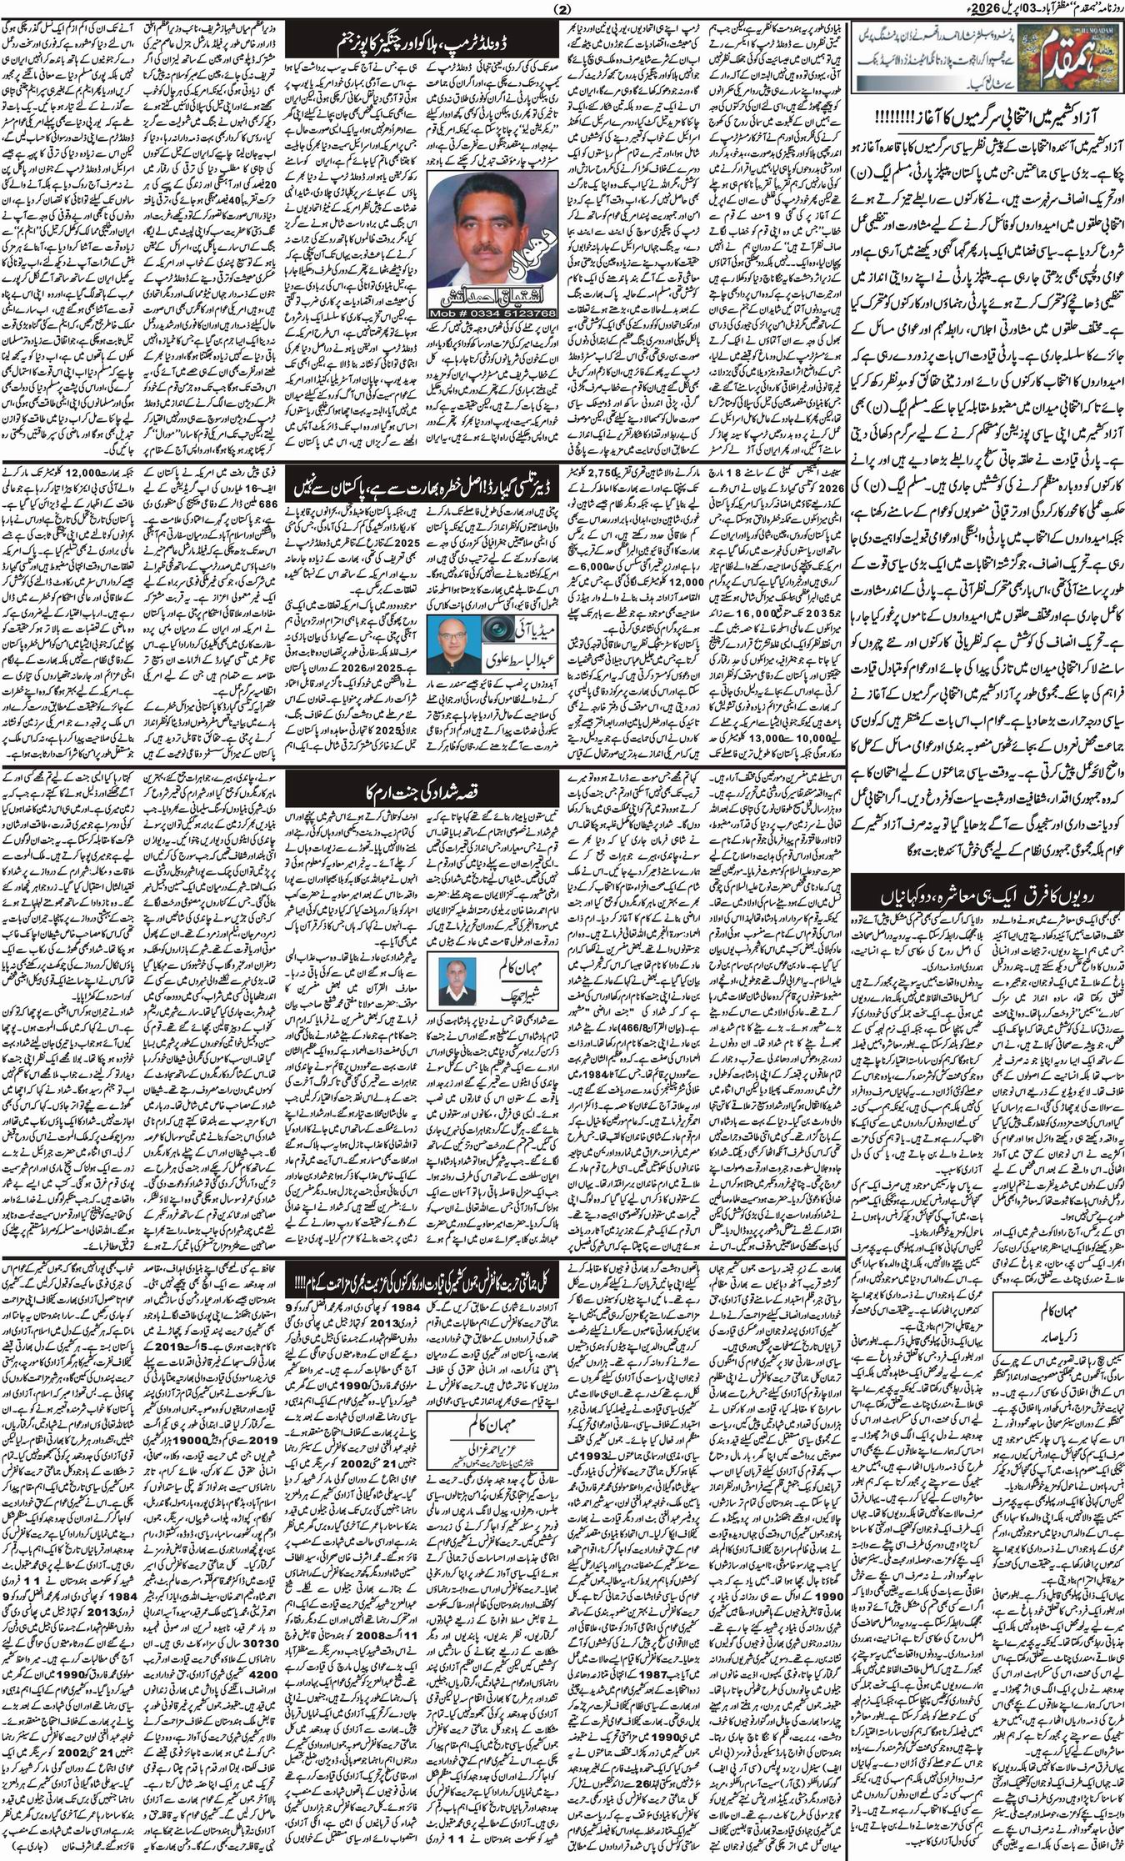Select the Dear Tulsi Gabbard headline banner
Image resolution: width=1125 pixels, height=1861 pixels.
tap(419, 486)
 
